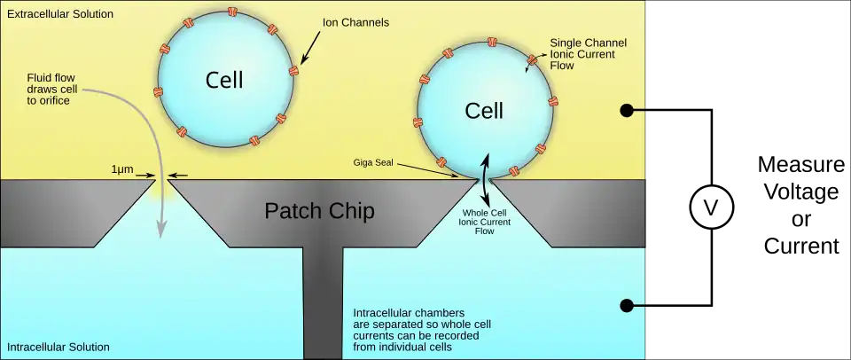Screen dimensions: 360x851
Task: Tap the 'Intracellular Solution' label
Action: point(58,347)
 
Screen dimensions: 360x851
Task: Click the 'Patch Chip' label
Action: point(319,211)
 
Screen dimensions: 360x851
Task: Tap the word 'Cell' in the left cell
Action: point(224,80)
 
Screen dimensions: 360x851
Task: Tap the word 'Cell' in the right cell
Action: point(484,111)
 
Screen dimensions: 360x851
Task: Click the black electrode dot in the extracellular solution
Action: point(626,110)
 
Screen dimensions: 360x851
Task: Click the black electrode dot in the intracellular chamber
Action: point(626,305)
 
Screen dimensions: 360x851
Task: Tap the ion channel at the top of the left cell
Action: point(233,12)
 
